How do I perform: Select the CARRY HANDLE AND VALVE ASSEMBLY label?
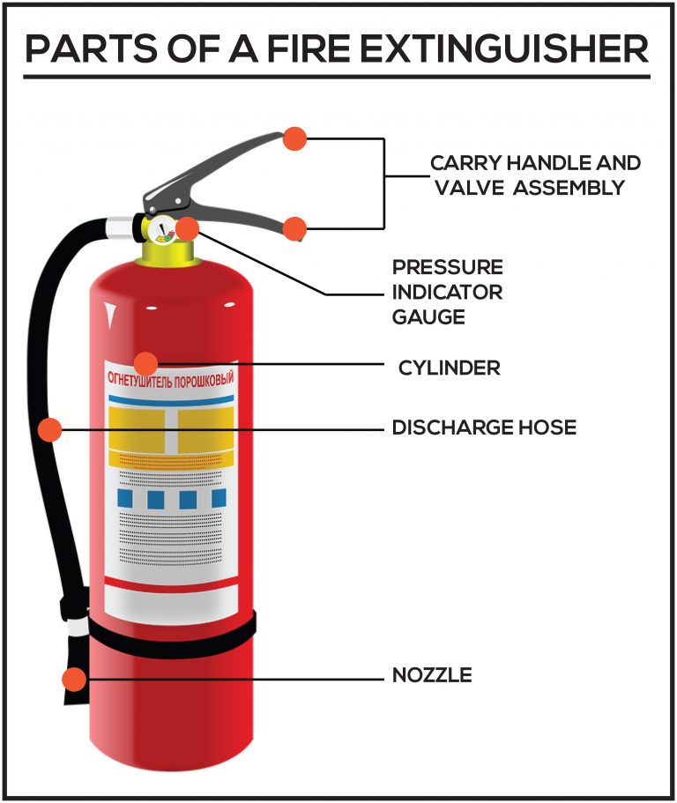click(535, 175)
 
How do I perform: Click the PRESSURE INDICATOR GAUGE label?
click(447, 291)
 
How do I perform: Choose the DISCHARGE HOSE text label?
click(484, 428)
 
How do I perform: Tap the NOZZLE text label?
click(432, 675)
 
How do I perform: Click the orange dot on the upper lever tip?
click(294, 138)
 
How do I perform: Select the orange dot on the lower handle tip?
click(294, 228)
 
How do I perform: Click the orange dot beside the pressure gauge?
click(187, 229)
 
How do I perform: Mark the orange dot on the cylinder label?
click(145, 362)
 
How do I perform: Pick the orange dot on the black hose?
click(51, 429)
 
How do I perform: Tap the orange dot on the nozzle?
click(75, 680)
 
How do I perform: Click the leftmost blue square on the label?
click(125, 499)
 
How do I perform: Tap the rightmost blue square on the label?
click(218, 499)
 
